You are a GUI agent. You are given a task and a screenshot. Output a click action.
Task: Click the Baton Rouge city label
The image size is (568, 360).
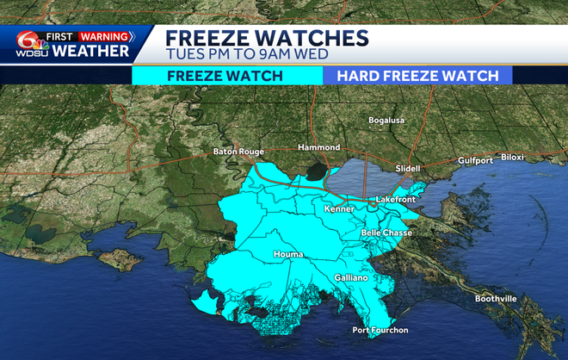click(x=238, y=152)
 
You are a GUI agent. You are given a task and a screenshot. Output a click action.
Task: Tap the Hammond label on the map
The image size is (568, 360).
click(x=318, y=147)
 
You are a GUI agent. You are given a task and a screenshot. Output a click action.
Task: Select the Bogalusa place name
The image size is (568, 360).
click(x=386, y=121)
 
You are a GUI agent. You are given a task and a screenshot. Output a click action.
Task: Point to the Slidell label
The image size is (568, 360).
click(x=407, y=168)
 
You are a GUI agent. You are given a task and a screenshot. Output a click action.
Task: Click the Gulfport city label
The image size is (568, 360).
click(x=474, y=160)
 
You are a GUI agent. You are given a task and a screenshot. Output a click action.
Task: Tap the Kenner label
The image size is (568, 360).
click(x=339, y=208)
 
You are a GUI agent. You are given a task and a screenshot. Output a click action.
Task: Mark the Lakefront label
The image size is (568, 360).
click(x=395, y=200)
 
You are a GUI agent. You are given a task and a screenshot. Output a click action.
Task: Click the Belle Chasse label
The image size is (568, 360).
click(x=386, y=233)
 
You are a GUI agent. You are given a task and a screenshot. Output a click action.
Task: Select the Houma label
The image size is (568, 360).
click(x=287, y=254)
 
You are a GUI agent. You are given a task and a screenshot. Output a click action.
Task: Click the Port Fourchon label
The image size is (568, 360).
click(x=380, y=330)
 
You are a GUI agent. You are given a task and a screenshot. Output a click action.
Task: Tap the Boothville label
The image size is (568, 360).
click(x=496, y=299)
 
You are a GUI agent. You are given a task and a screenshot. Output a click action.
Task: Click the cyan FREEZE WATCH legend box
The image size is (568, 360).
click(x=225, y=75)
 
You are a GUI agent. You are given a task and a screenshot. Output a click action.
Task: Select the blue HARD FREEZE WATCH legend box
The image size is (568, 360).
click(x=417, y=75)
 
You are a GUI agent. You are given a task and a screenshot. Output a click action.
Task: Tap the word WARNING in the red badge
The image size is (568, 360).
click(x=105, y=37)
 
